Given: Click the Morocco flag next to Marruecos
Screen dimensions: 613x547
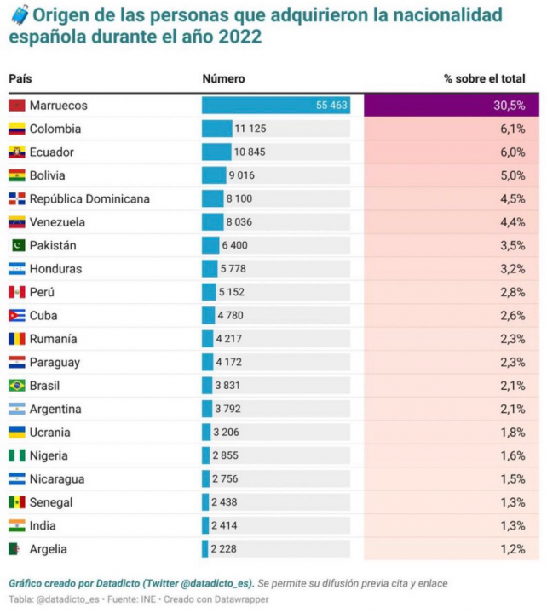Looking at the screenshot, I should pyautogui.click(x=16, y=106).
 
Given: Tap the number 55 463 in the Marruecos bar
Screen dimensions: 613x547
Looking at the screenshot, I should pyautogui.click(x=331, y=106).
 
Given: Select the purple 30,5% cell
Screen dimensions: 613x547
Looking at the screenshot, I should pyautogui.click(x=451, y=106).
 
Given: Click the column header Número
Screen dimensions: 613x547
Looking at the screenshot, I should pyautogui.click(x=223, y=78).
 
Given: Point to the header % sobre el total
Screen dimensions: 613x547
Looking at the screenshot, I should pyautogui.click(x=484, y=78).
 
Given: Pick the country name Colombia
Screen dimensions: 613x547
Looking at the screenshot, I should pyautogui.click(x=55, y=129).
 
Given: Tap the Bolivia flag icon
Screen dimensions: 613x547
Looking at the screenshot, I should pyautogui.click(x=16, y=176).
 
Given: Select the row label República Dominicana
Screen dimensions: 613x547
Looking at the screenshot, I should pyautogui.click(x=89, y=199).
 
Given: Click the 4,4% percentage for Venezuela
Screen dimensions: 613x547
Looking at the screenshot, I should pyautogui.click(x=513, y=222).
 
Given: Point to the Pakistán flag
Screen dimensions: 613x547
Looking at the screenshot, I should pyautogui.click(x=16, y=246).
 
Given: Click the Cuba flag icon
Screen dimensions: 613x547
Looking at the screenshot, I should pyautogui.click(x=16, y=316).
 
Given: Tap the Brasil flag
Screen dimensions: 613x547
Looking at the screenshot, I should pyautogui.click(x=16, y=386).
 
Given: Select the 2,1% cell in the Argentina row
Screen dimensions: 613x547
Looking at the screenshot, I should pyautogui.click(x=513, y=410).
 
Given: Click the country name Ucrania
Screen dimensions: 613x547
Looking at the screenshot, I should pyautogui.click(x=50, y=433).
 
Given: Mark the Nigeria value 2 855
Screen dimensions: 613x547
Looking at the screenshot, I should pyautogui.click(x=230, y=456).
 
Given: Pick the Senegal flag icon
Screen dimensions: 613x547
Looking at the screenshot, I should pyautogui.click(x=16, y=502).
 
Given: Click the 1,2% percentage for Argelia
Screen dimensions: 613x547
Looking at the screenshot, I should pyautogui.click(x=513, y=549).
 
